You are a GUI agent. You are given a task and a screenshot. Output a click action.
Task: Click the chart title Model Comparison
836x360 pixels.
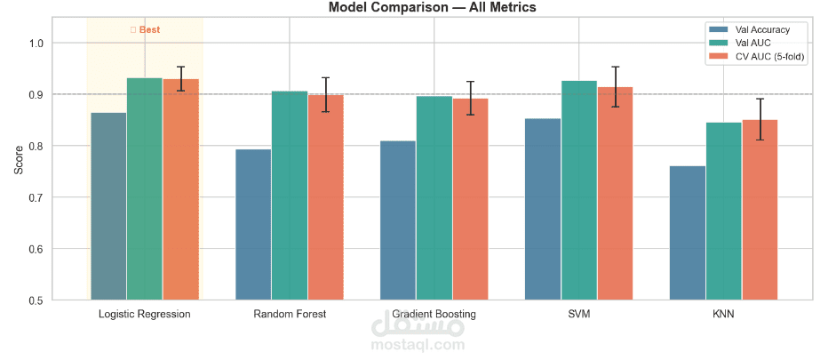[x=432, y=8]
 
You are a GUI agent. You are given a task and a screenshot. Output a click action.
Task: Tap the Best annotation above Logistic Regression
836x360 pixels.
[x=145, y=29]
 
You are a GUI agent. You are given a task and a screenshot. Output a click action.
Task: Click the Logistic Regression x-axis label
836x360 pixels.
[x=145, y=315]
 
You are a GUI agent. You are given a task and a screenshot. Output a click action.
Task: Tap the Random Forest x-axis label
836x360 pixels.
[x=290, y=315]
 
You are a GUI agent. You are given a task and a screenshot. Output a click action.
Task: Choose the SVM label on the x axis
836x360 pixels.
[x=579, y=315]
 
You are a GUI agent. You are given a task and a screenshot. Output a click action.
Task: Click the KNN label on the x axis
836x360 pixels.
[x=724, y=315]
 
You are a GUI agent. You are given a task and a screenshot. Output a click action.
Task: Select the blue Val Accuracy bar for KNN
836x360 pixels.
[x=688, y=233]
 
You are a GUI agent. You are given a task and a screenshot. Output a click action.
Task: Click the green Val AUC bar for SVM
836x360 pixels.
[x=579, y=190]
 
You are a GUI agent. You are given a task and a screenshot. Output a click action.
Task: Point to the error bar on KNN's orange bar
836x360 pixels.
[x=760, y=119]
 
